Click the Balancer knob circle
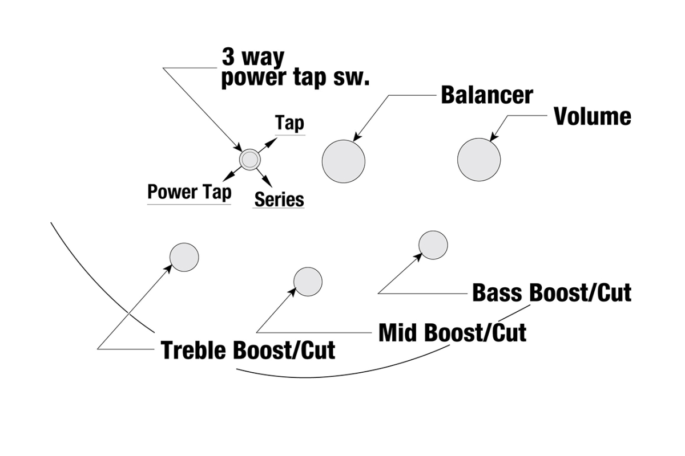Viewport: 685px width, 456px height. coord(344,161)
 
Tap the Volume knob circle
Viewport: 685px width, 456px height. coord(479,160)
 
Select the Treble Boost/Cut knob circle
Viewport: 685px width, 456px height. coord(184,256)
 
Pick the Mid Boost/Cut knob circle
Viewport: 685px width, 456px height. coord(308,282)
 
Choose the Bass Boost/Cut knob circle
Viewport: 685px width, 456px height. coord(433,245)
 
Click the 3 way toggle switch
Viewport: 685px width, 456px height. coord(249,159)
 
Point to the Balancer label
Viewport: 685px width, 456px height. coord(486,95)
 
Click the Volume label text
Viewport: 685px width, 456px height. coord(593,116)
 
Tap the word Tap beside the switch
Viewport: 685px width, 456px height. coord(289,123)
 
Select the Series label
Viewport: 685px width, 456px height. coord(279,199)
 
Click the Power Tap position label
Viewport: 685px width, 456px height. coord(190,192)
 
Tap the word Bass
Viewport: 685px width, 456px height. coord(498,293)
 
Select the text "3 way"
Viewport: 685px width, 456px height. coord(253,58)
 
